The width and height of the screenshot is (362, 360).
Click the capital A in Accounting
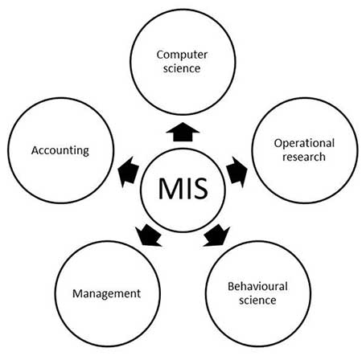tap(35, 150)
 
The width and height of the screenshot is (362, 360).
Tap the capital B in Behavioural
tap(229, 286)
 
